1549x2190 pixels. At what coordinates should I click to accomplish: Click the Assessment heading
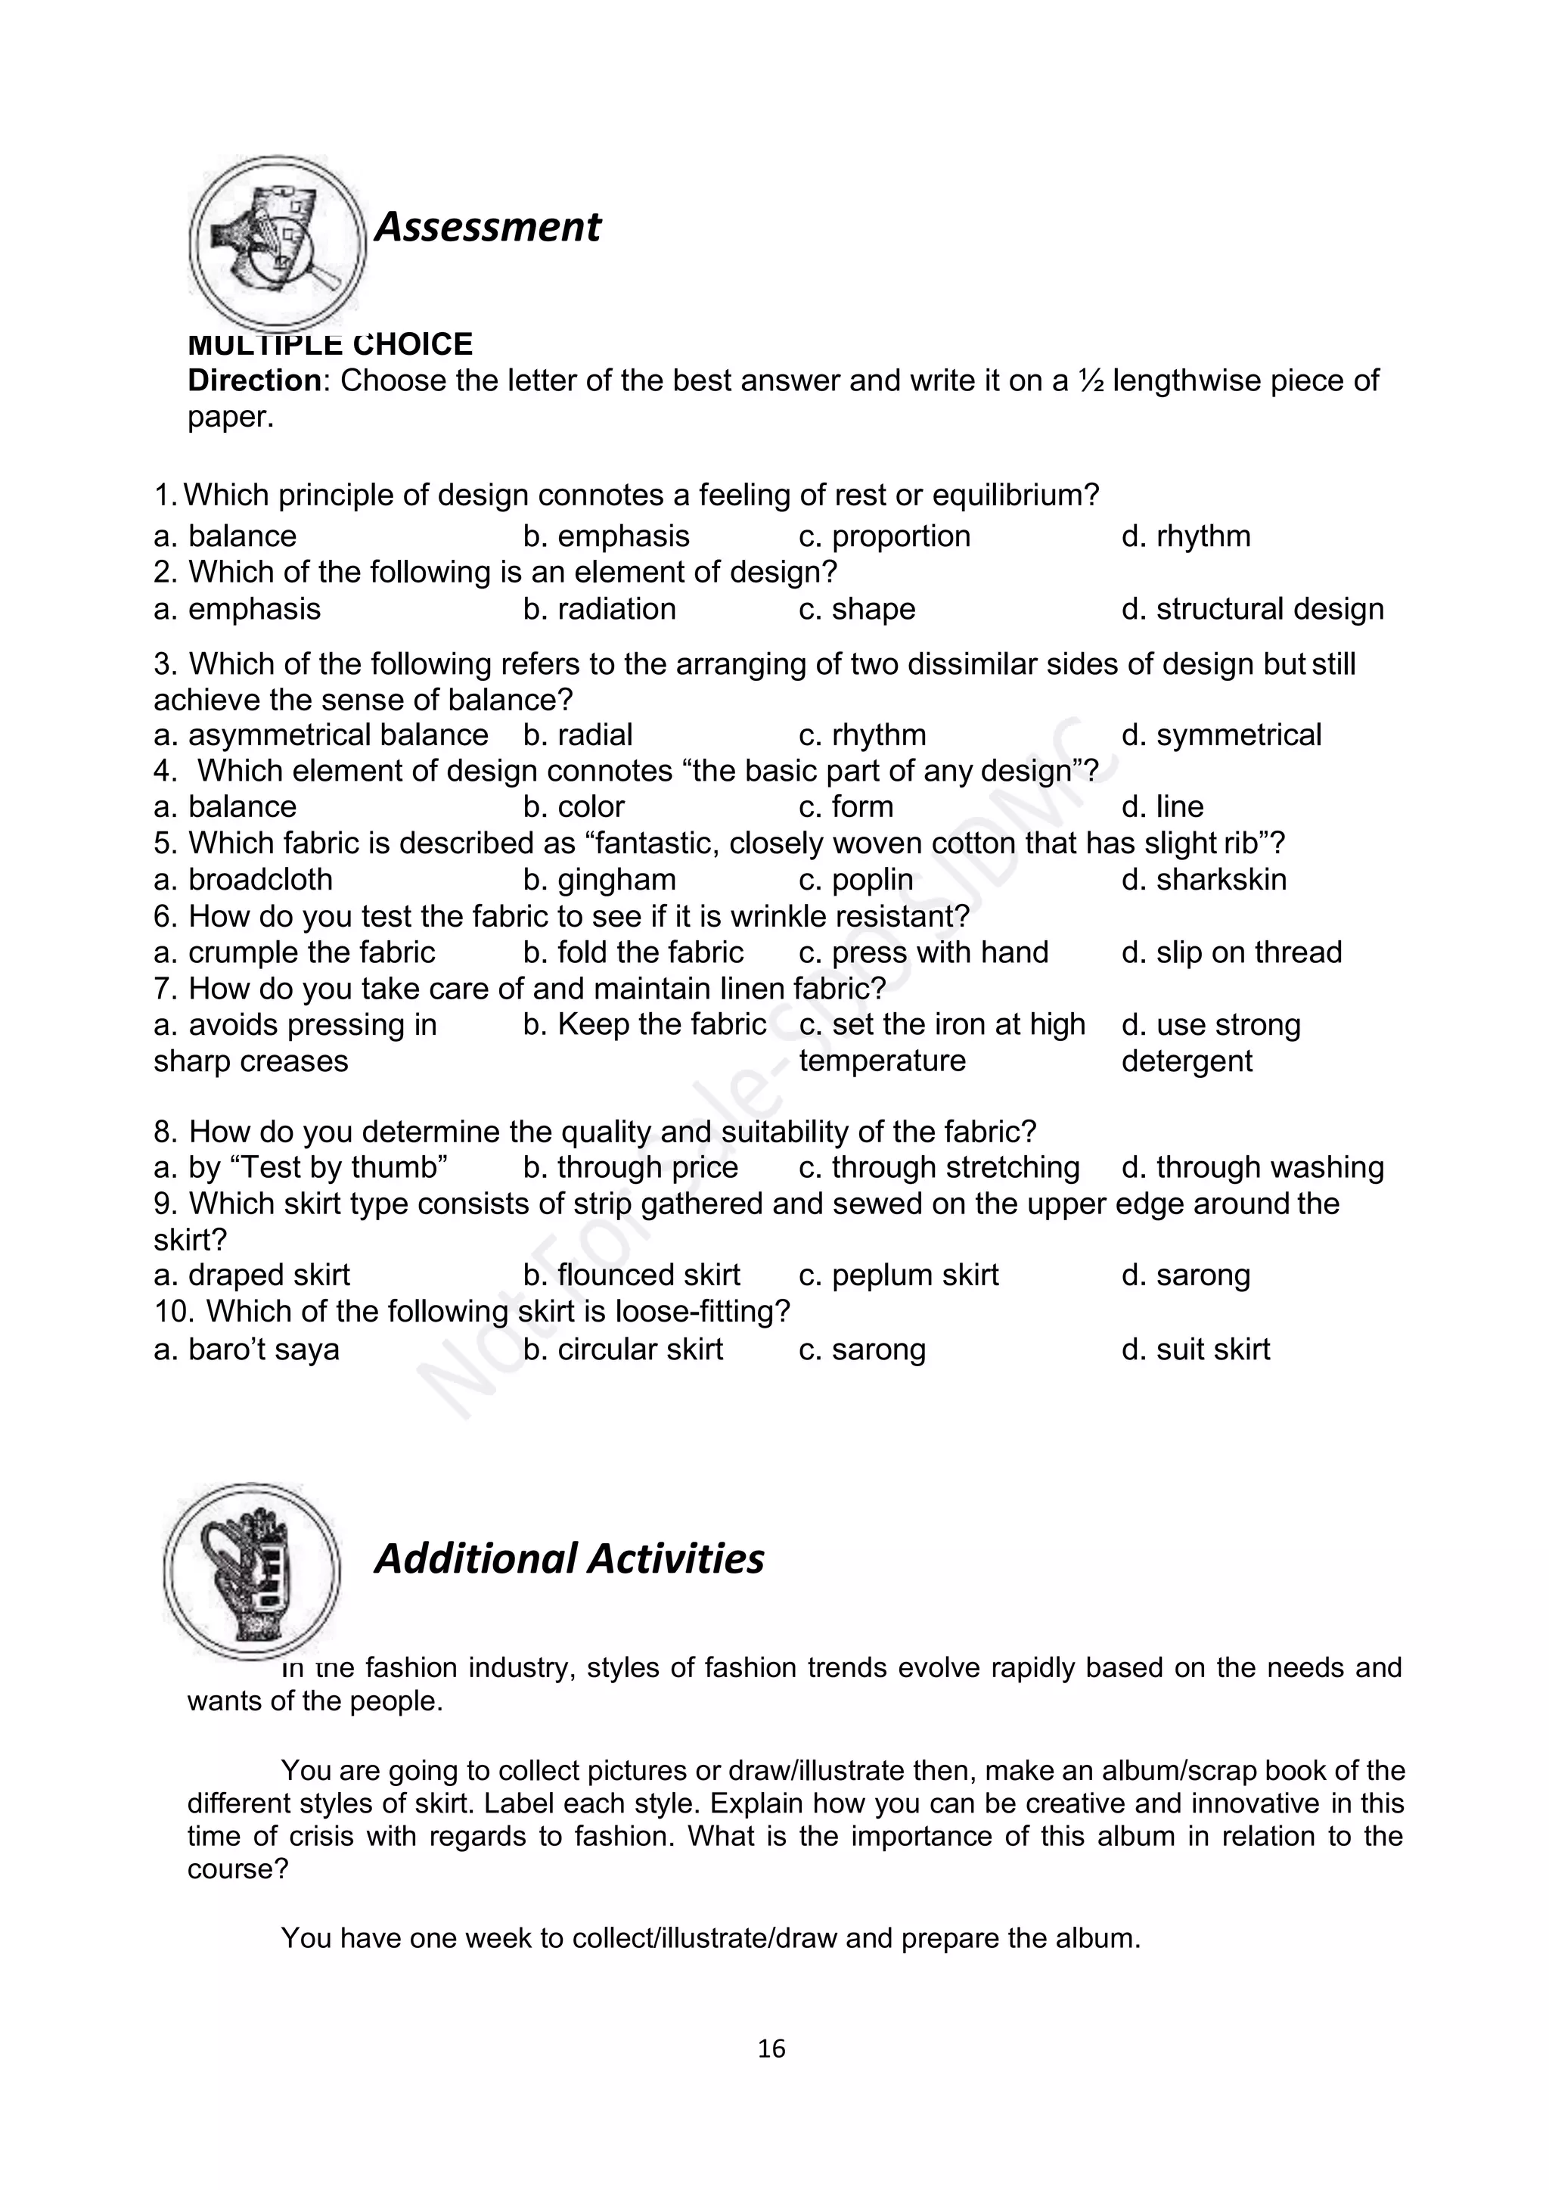(487, 227)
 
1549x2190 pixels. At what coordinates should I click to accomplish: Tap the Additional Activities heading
(569, 1558)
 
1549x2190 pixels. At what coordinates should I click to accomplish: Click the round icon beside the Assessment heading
(277, 244)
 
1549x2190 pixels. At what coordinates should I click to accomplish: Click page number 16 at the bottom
(771, 2048)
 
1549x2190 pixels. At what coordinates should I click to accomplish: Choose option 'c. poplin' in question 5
(855, 880)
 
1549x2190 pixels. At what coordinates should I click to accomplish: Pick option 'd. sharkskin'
(1203, 880)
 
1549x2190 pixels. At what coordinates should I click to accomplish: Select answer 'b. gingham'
(599, 880)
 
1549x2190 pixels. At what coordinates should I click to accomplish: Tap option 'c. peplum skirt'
(899, 1275)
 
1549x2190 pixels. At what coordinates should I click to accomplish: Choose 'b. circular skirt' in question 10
(622, 1350)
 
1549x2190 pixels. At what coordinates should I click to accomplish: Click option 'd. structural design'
(1252, 608)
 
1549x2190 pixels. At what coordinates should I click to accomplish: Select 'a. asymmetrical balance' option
(321, 735)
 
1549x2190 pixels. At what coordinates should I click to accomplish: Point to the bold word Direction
(253, 381)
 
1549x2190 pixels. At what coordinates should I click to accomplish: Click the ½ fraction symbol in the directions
(1090, 381)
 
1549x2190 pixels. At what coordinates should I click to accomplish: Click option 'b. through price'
(631, 1167)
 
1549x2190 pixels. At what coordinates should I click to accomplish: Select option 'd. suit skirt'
(1195, 1350)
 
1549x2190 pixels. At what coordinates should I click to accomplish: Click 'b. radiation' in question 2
(599, 608)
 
